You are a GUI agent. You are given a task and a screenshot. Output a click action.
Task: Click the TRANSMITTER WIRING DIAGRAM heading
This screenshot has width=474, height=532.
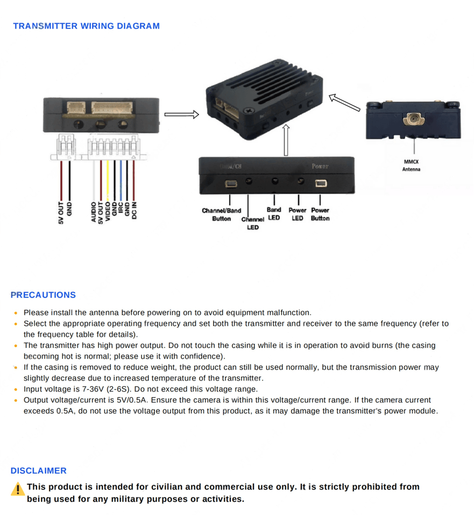86,26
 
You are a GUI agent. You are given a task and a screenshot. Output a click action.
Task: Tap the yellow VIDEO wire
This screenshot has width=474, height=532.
108,178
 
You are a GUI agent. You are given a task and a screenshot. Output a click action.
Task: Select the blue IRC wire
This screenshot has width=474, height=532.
121,178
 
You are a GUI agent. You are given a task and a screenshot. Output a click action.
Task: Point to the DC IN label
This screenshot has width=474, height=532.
135,210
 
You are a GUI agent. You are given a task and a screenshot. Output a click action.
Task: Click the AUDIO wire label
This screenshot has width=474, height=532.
94,212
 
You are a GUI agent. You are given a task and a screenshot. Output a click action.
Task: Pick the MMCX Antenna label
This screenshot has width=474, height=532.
412,165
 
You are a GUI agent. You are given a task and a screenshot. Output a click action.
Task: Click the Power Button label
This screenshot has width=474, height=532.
320,214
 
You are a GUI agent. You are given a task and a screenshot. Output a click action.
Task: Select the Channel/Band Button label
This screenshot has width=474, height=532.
221,215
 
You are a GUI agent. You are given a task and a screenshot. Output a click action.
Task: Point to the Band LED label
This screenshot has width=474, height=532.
274,214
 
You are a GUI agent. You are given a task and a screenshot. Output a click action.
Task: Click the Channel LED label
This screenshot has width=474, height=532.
252,223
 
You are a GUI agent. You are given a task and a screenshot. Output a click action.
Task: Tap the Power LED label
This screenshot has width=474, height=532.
298,214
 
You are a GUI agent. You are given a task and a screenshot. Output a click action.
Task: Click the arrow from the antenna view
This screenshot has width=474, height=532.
344,102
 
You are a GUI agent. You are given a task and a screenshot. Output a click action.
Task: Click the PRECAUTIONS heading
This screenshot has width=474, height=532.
43,295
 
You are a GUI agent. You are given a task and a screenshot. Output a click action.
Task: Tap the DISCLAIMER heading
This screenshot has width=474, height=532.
39,471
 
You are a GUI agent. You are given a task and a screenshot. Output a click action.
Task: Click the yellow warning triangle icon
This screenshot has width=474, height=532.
18,489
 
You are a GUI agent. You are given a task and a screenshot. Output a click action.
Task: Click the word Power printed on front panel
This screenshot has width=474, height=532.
320,166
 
